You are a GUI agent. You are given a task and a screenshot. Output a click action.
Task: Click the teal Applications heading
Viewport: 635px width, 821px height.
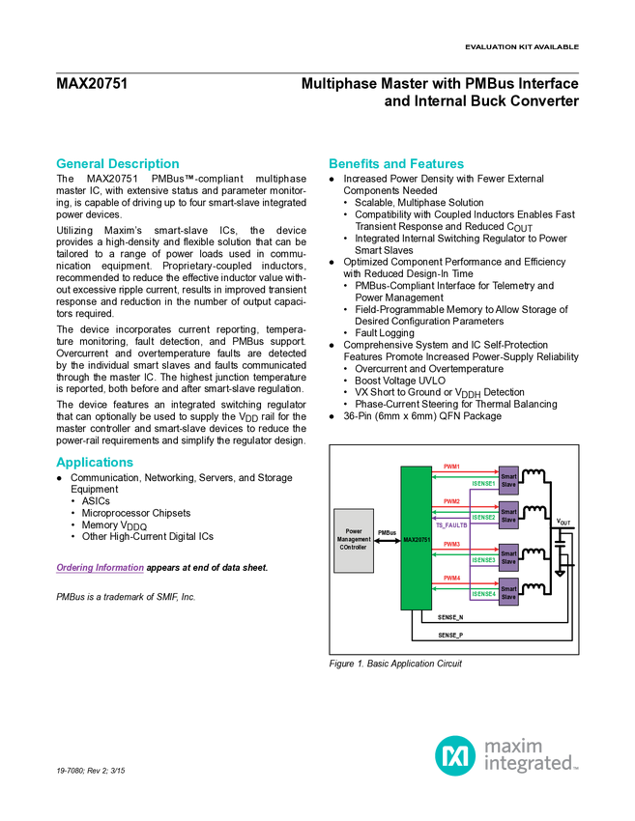pos(94,463)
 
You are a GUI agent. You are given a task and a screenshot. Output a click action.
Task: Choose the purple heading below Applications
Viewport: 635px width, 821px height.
pos(99,569)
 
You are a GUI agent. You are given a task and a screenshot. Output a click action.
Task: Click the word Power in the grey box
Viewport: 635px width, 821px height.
pos(353,531)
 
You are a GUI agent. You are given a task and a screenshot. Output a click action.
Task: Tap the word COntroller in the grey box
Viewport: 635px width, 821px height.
pos(353,548)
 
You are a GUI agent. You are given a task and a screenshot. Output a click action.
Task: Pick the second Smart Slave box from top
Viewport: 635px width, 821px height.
pos(508,516)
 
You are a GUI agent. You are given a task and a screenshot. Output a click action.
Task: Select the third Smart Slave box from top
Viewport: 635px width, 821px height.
pos(508,557)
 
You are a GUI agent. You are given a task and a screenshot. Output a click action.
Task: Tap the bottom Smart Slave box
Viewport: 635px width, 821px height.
pos(508,593)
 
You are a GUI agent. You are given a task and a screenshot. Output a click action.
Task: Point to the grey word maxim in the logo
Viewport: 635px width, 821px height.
pos(513,745)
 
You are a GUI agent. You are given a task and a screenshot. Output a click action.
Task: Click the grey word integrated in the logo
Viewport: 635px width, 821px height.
pos(531,765)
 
